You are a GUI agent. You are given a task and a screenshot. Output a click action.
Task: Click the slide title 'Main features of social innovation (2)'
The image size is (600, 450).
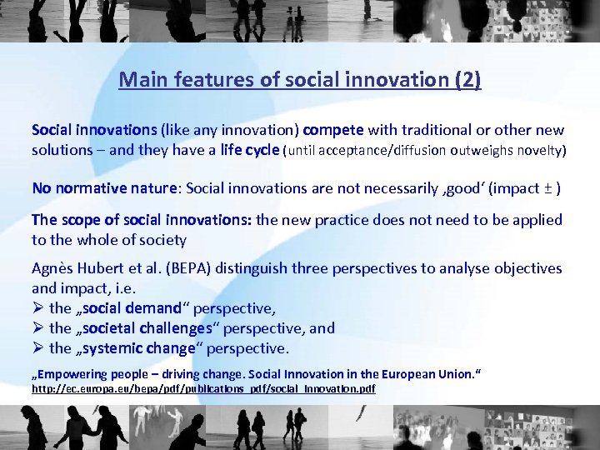coord(300,80)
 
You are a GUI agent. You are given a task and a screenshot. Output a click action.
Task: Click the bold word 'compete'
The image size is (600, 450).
coord(333,130)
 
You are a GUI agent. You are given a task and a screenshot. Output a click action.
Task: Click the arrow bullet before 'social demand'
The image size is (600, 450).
coord(37,308)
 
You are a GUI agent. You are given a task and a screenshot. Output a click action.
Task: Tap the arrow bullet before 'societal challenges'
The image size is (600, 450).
coord(37,328)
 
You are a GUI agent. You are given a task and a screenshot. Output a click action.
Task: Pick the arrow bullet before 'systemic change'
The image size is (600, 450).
coord(37,348)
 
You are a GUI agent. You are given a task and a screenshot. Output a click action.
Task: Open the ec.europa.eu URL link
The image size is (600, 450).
coord(203,389)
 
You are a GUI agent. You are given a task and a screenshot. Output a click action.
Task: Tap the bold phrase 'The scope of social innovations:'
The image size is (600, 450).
coord(142,220)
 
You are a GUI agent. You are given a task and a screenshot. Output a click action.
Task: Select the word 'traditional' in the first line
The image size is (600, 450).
coord(437,130)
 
